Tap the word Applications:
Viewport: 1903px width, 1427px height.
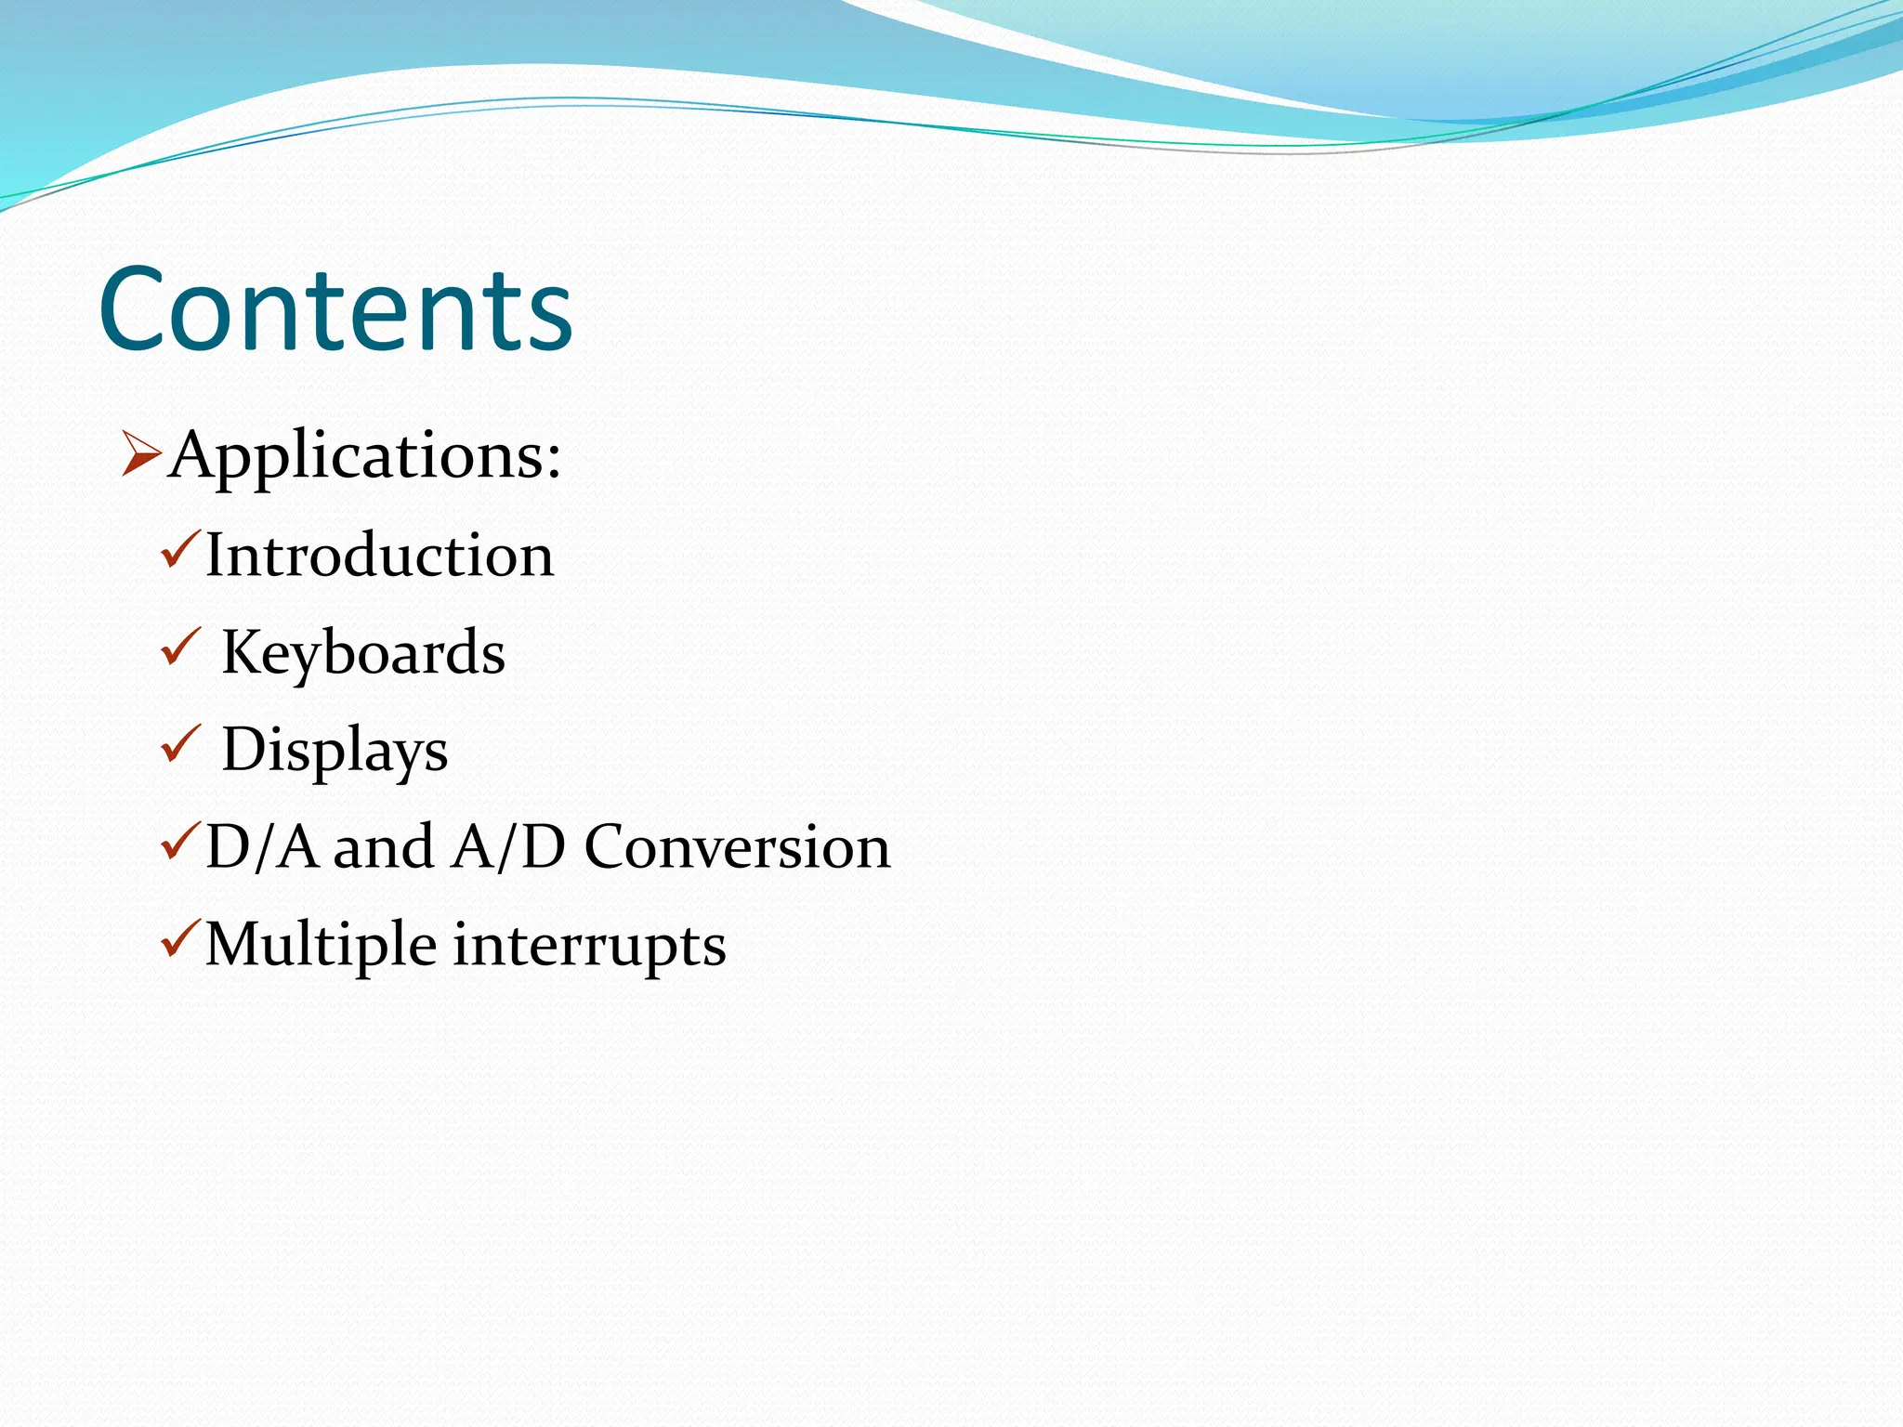[365, 456]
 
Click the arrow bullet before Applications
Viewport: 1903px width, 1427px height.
[141, 455]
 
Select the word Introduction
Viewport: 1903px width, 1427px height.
[379, 556]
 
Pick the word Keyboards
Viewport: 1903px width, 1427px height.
[363, 652]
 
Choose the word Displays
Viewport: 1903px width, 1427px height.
[335, 750]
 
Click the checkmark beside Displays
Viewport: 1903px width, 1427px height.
[180, 744]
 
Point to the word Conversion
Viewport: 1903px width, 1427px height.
[737, 847]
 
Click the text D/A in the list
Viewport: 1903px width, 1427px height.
[261, 847]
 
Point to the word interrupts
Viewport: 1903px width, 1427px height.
[589, 945]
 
